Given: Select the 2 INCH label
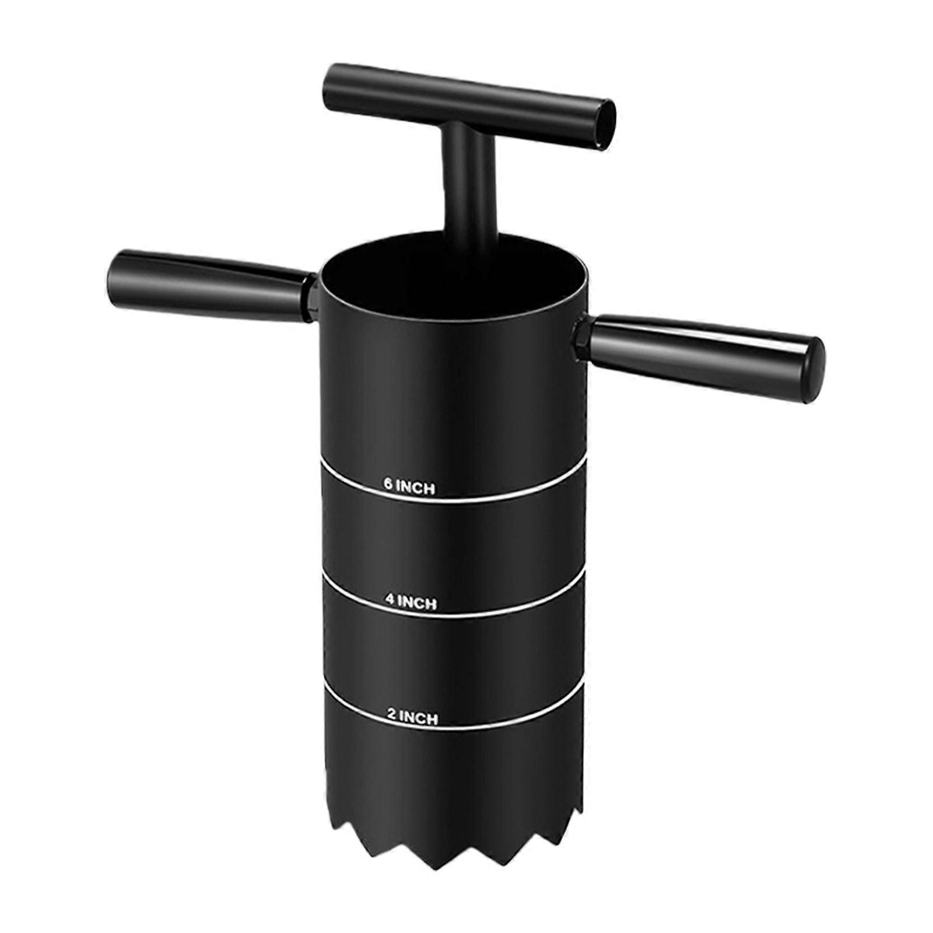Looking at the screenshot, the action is pyautogui.click(x=412, y=717).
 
